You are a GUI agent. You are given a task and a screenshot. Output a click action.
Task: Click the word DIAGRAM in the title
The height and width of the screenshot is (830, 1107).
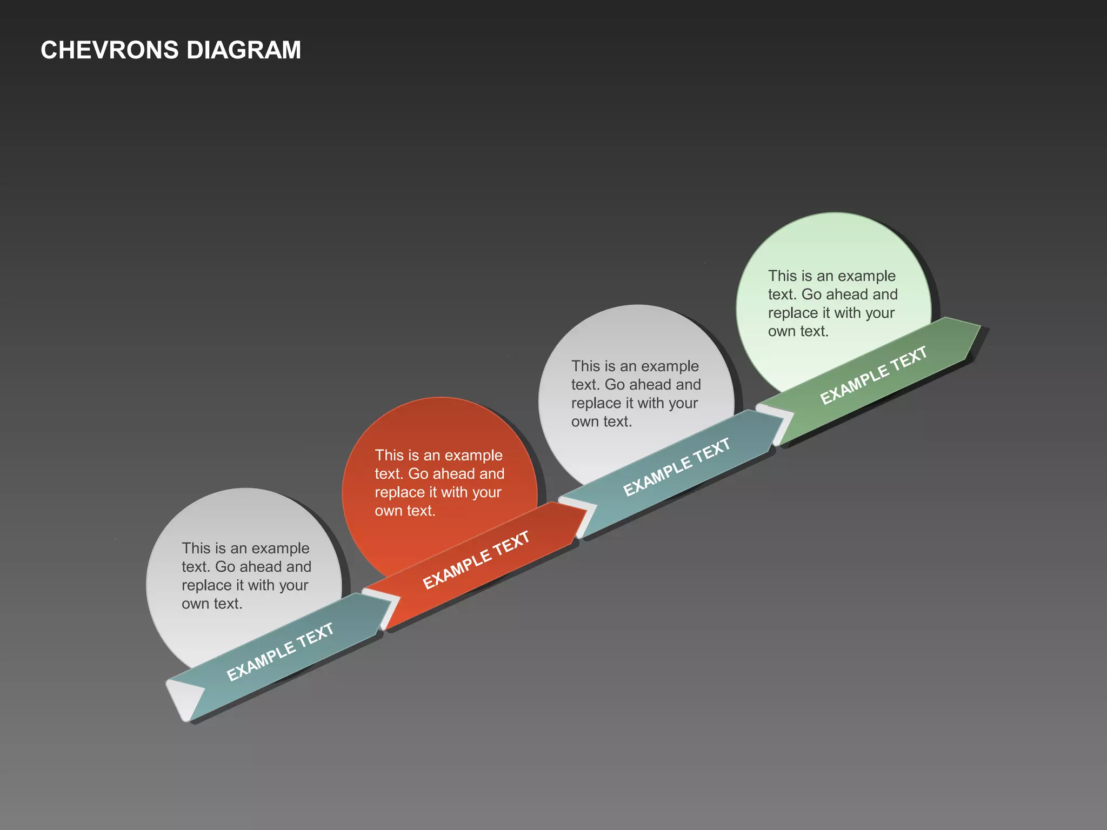[243, 50]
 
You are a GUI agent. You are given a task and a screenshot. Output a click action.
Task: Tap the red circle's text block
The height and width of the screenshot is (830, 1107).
[439, 483]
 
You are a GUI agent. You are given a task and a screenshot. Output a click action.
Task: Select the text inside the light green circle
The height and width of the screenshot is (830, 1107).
[832, 303]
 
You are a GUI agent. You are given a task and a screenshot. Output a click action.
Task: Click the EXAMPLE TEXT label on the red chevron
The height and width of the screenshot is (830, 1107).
[476, 560]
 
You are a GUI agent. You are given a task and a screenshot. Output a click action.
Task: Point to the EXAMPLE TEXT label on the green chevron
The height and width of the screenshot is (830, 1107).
[873, 375]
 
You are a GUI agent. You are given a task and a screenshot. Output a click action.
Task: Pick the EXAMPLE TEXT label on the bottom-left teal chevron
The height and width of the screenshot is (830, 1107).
[279, 652]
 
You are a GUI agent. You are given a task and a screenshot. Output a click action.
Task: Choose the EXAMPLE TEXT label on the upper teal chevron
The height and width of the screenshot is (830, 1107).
[676, 467]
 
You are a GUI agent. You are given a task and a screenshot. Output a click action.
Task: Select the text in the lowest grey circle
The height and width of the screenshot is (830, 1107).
[246, 575]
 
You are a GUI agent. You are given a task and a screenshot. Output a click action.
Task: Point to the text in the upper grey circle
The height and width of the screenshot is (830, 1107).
[636, 393]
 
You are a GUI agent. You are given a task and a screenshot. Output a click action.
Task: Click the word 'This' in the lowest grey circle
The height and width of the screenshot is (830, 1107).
[196, 548]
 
